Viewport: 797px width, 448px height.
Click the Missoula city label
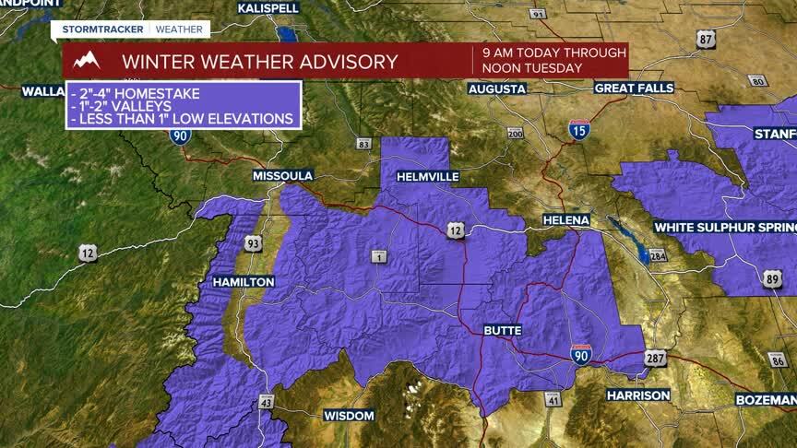(284, 175)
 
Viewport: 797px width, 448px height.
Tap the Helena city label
(565, 220)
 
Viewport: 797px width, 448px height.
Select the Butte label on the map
(504, 330)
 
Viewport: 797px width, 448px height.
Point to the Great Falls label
(634, 88)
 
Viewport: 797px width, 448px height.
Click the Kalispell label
(269, 7)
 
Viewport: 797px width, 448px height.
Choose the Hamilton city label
(244, 281)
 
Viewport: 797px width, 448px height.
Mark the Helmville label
(427, 175)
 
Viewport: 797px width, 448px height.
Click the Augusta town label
(497, 89)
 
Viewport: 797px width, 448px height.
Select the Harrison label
(638, 395)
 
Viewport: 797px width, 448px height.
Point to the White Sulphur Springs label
(724, 227)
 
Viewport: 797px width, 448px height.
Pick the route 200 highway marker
(515, 135)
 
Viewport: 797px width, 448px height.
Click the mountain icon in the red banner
(87, 62)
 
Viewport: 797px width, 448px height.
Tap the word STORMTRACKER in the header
(103, 29)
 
